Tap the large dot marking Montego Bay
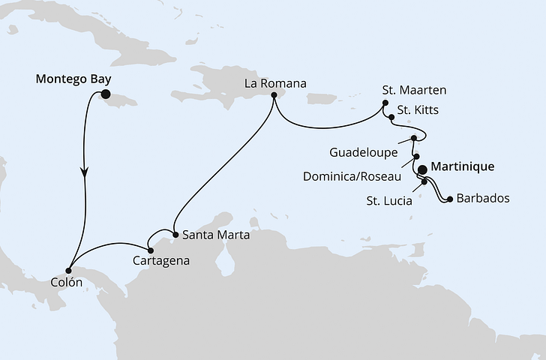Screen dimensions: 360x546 point(105,94)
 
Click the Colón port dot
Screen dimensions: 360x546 point(69,270)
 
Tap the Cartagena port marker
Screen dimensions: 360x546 point(150,250)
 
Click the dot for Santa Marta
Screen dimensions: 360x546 point(175,235)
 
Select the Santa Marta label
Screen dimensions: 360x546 point(214,235)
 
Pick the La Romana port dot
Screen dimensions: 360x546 point(274,95)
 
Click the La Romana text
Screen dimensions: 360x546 point(274,82)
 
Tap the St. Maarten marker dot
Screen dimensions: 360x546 point(385,103)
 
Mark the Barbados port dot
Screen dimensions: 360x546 point(448,199)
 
